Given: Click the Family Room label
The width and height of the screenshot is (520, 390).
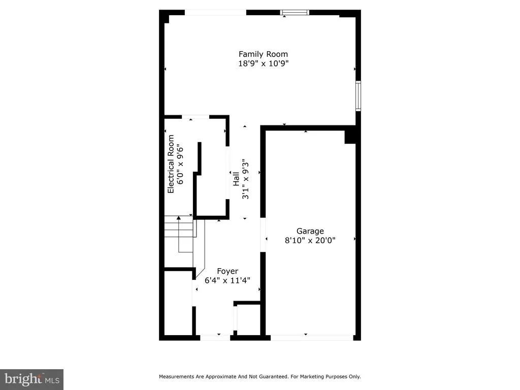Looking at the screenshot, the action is point(264,54).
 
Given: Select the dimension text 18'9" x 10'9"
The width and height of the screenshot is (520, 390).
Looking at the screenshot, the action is point(264,63).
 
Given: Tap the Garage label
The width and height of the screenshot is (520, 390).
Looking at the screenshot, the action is point(310,231).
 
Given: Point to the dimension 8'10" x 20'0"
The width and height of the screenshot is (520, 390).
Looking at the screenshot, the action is point(310,240).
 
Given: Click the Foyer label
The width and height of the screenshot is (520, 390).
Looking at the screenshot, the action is point(227,271).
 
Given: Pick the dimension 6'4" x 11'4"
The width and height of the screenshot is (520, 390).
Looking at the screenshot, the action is point(227,280).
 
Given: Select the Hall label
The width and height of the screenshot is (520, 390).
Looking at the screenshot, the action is point(236,179).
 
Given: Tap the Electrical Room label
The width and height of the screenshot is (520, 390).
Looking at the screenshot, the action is point(171,164).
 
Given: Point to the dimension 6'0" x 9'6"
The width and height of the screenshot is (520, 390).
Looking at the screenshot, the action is point(180,164).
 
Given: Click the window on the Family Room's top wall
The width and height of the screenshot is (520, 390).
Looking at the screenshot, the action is point(295,13).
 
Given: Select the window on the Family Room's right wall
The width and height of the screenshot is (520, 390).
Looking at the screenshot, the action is point(358,96).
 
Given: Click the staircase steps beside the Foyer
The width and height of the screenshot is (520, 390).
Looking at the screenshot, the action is point(179,226).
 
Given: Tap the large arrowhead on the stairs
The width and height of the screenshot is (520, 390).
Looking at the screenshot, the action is point(179,218).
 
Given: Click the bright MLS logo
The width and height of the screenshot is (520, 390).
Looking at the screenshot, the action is point(32,379).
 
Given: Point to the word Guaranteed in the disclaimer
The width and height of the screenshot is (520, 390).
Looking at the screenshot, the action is point(274,376).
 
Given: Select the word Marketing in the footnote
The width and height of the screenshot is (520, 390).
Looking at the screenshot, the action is point(312,377).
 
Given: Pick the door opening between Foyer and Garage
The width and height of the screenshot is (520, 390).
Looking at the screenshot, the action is point(263,235).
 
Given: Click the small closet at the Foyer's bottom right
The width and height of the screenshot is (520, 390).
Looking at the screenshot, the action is point(247,319).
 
